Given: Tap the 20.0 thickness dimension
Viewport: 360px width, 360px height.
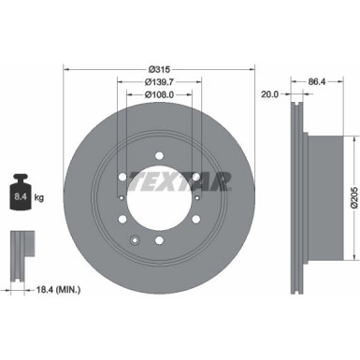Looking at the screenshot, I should coord(270,94).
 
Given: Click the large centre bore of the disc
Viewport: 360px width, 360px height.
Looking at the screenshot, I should coord(157,197).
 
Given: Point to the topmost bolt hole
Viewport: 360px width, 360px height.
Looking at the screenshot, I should coord(157,153).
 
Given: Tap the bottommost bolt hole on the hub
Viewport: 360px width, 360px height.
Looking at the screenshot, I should coord(157,241).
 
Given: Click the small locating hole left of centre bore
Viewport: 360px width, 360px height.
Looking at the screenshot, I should coord(122,197).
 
